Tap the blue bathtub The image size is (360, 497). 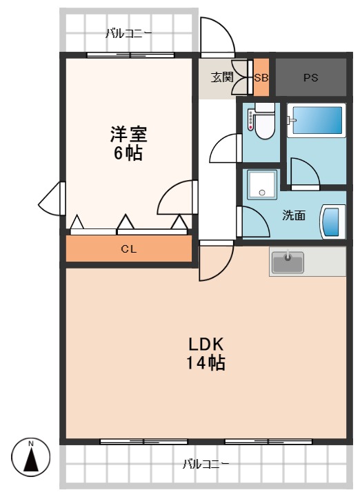tap(317, 120)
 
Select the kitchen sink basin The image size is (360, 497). tap(288, 262)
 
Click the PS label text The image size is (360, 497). tap(310, 77)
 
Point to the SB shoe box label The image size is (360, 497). tap(261, 77)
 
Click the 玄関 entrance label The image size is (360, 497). tap(222, 77)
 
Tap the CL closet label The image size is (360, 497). tap(129, 249)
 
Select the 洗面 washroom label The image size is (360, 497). tap(294, 215)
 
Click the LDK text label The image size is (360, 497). tap(206, 344)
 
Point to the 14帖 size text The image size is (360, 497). tap(206, 363)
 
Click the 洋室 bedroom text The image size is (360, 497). tap(128, 134)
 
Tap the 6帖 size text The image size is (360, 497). tap(128, 153)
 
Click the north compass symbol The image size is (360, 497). tap(31, 457)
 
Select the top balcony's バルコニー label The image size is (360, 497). tap(128, 33)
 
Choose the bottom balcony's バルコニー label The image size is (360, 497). tap(206, 464)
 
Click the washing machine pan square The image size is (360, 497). tap(262, 184)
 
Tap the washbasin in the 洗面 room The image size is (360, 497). tap(332, 222)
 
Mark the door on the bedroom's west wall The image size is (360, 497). tap(52, 199)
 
